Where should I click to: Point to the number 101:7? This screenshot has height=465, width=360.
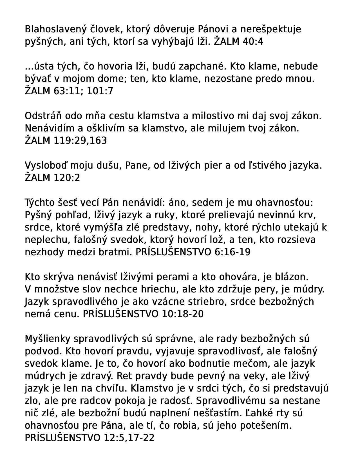(x=100, y=91)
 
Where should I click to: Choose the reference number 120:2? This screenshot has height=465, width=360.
(x=66, y=178)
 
